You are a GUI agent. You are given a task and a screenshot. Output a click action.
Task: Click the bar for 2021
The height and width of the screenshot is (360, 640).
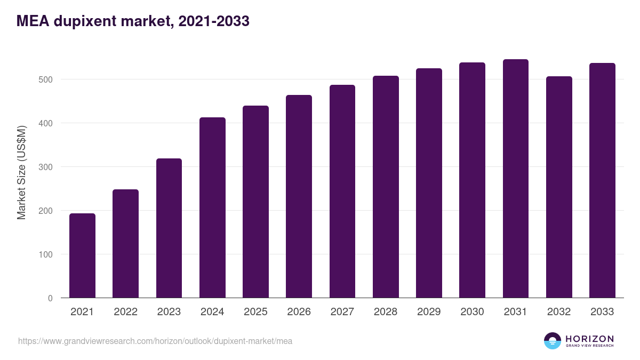point(82,255)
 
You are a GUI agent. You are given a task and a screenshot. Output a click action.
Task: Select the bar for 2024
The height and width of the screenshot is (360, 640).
point(212,207)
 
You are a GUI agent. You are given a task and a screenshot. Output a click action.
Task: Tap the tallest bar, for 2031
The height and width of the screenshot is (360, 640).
point(515,179)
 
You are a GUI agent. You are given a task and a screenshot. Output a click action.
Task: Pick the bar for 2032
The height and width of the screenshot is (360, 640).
point(559,187)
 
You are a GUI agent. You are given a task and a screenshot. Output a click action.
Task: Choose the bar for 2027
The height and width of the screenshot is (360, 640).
point(342,191)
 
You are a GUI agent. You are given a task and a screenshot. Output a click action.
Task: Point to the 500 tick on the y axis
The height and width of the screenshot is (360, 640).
point(46,79)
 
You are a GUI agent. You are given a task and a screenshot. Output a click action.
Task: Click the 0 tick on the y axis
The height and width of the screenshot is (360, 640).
point(50,298)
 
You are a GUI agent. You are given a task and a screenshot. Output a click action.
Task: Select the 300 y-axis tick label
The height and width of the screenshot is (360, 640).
point(46,167)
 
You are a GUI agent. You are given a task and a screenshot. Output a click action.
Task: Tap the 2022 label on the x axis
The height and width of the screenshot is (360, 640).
point(125,312)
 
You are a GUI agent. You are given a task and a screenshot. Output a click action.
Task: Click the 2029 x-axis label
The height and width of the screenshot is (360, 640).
point(429,312)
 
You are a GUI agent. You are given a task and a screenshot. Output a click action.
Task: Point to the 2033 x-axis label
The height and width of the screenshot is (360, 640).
point(602,312)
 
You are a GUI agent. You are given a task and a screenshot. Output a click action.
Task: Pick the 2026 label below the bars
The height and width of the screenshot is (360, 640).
point(299,312)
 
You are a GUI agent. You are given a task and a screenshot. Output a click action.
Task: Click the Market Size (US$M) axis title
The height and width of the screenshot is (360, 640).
point(21,172)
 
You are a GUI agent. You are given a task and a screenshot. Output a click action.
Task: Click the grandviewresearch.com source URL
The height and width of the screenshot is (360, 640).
point(155,341)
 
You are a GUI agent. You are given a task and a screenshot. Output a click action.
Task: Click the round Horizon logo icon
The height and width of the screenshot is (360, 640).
point(553,341)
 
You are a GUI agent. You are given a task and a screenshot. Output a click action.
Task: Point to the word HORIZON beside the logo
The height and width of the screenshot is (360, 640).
point(589,339)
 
